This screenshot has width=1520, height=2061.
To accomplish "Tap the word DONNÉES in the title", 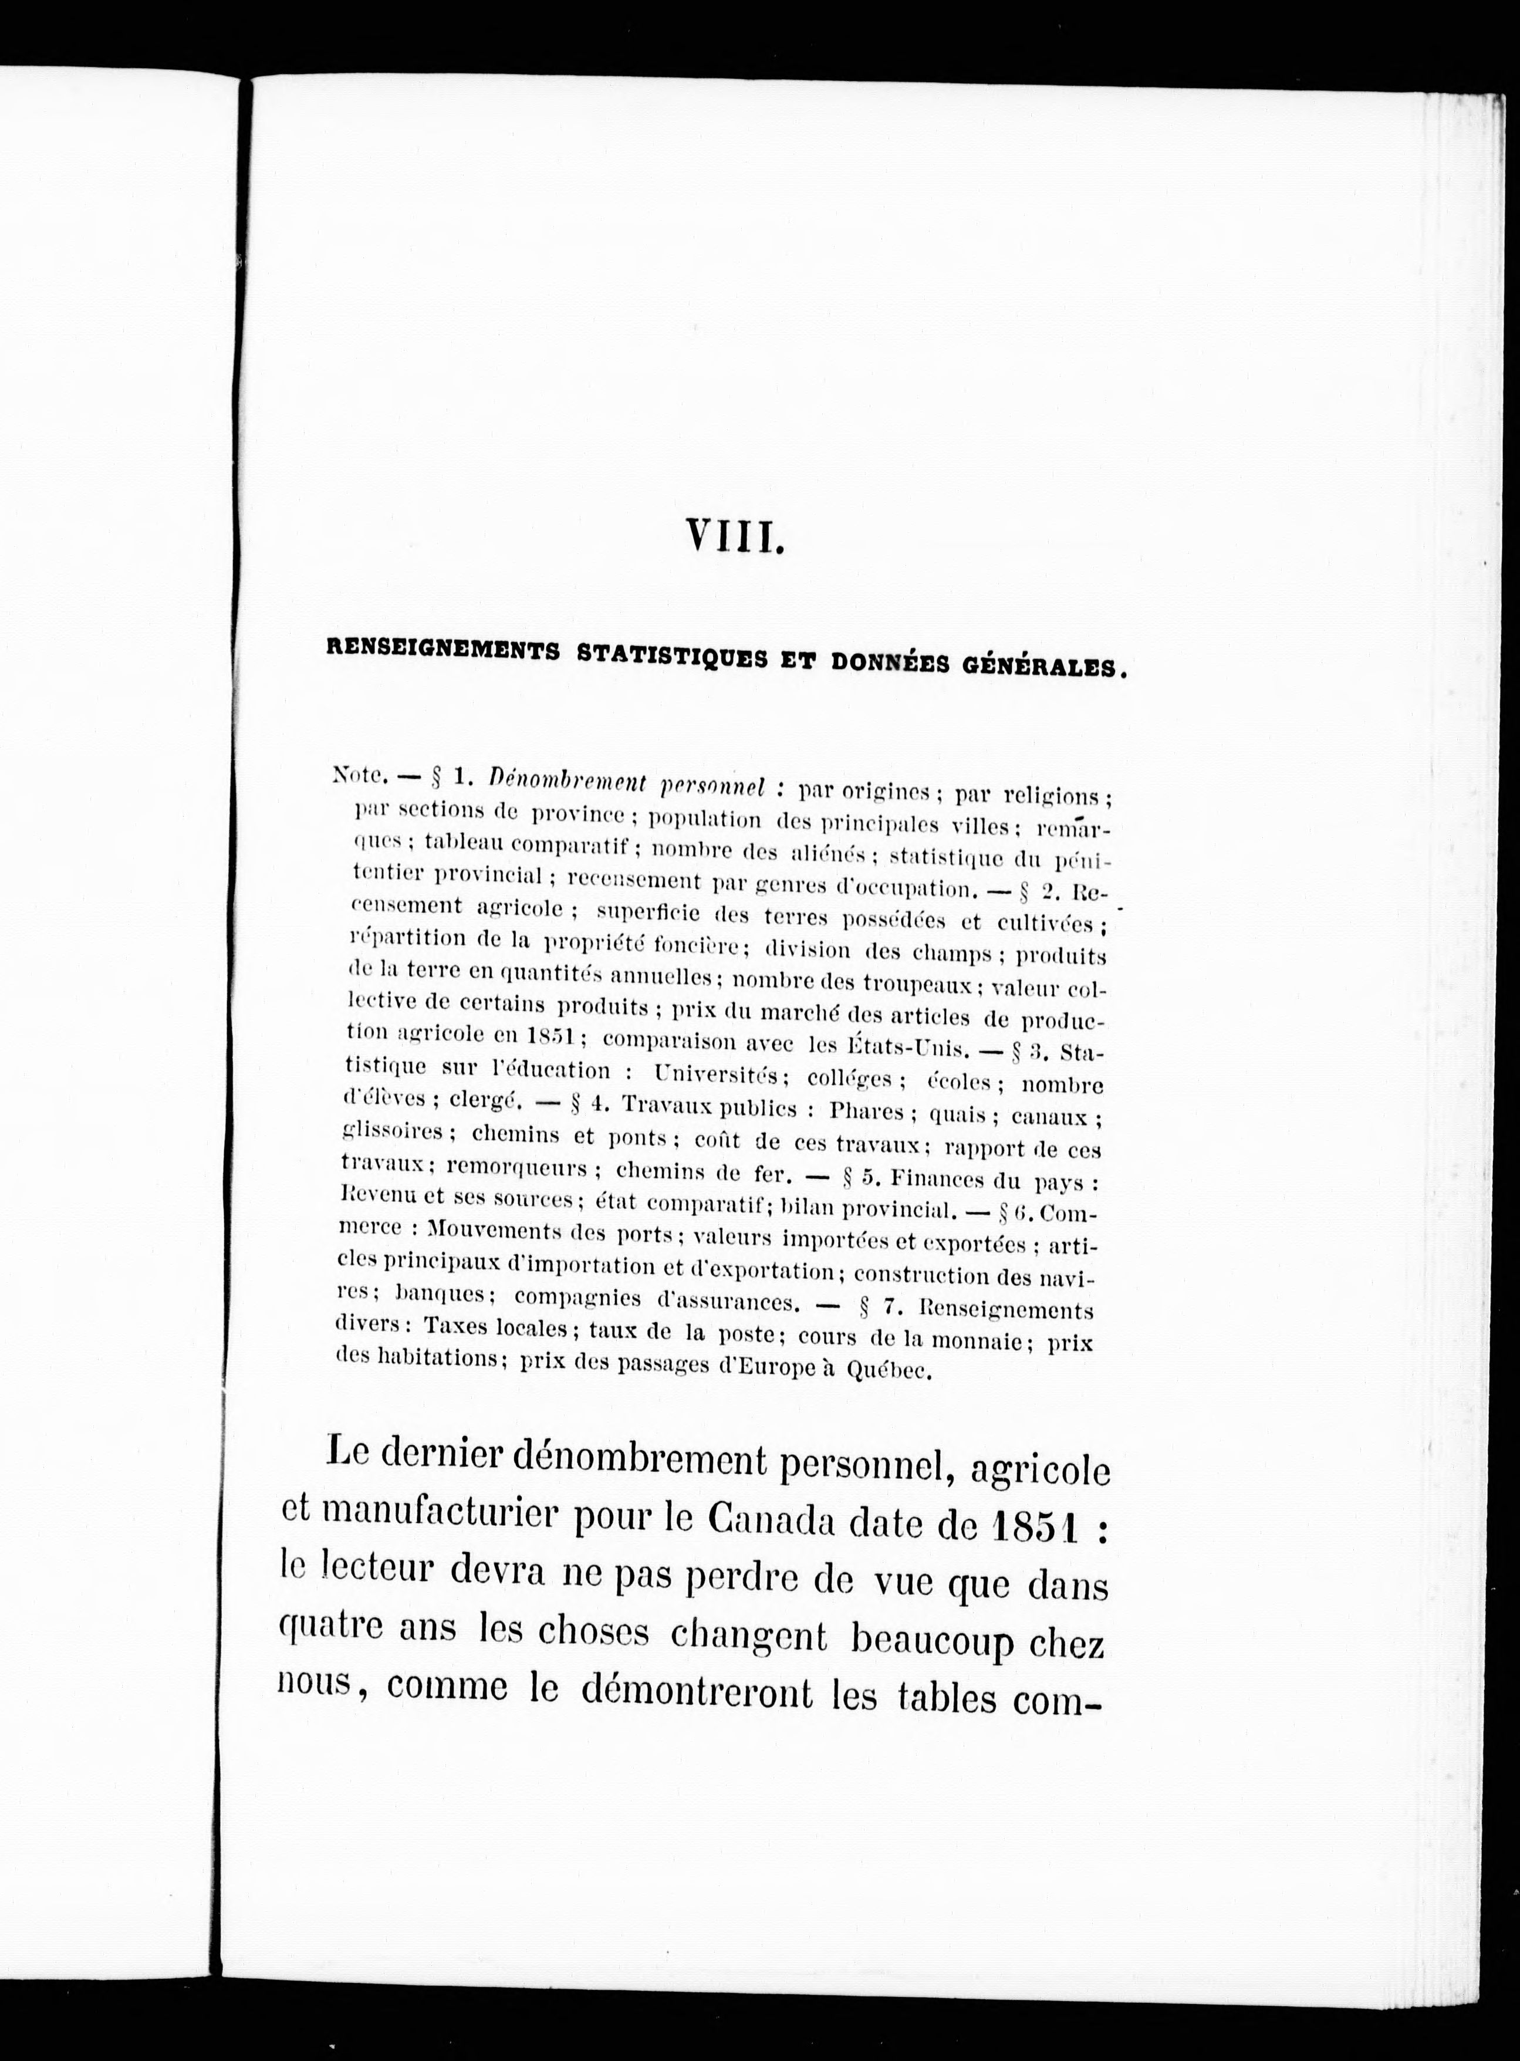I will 888,663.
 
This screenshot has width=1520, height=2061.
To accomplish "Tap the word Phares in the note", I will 866,1110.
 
